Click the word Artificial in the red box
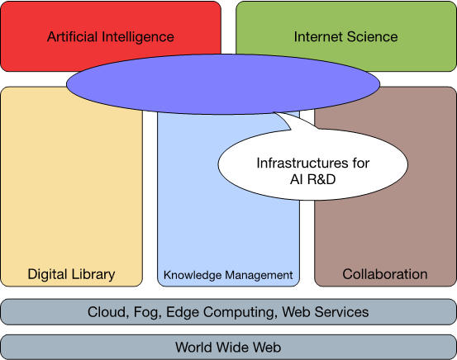coord(72,36)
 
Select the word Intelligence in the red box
coord(138,37)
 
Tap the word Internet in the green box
coord(318,36)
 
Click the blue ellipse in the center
coord(223,84)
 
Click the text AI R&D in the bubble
coord(312,179)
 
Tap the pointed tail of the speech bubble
coord(274,113)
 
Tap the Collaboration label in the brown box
coord(385,274)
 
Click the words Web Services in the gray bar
coord(326,312)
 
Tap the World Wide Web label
coord(228,347)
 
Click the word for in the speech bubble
coord(361,163)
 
